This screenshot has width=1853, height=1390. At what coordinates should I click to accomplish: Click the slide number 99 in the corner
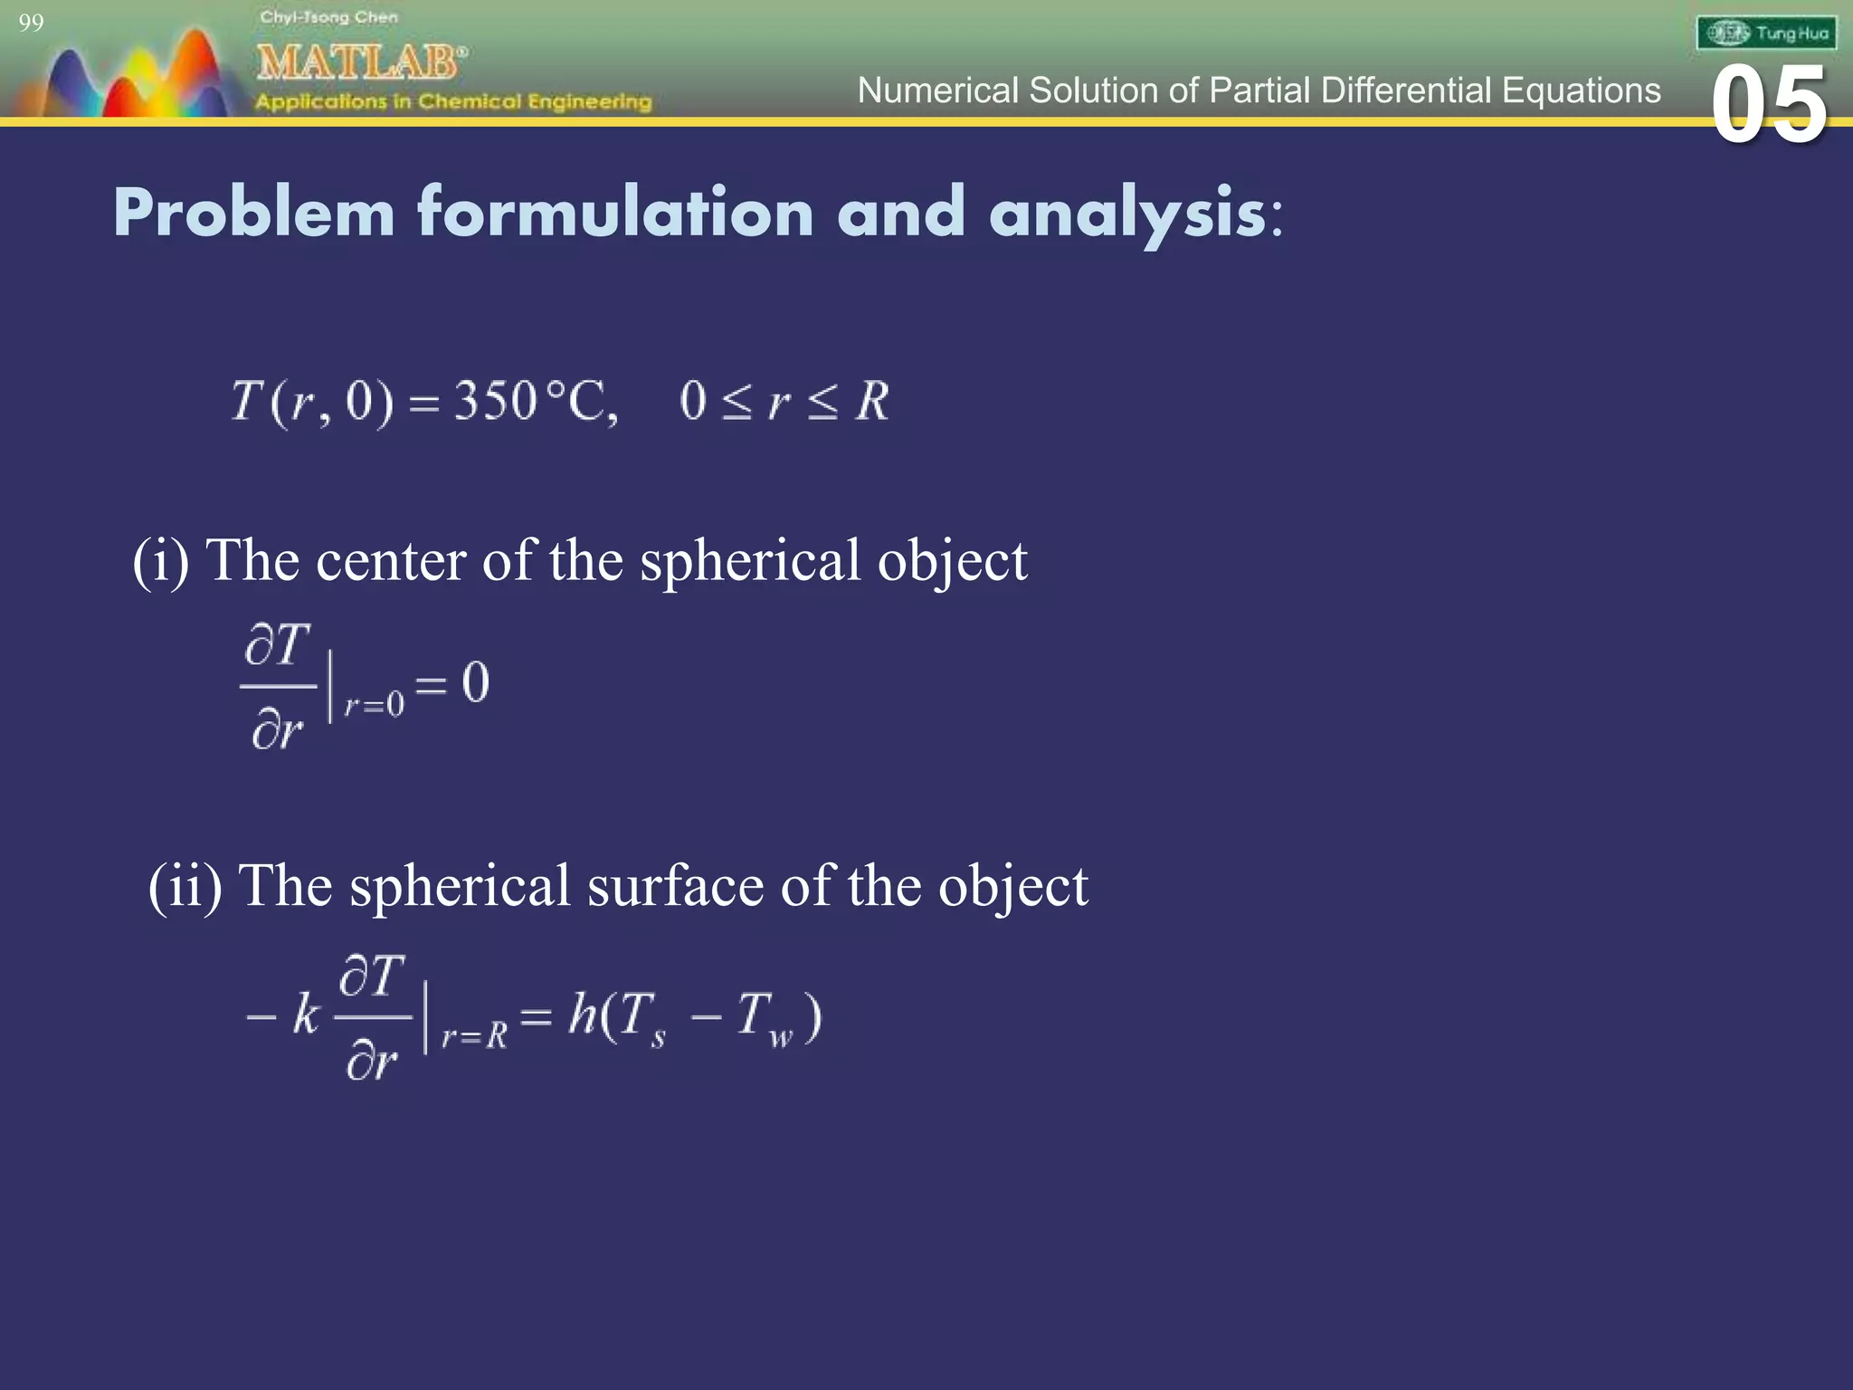pos(31,23)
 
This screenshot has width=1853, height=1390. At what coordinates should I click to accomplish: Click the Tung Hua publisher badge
pos(1766,33)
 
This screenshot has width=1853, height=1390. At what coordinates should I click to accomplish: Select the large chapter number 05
pos(1769,106)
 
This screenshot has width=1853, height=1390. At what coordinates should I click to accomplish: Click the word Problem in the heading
pos(254,214)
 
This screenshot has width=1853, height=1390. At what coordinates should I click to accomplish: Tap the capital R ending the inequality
pos(873,401)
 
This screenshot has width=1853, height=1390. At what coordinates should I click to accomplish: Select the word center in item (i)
pos(391,560)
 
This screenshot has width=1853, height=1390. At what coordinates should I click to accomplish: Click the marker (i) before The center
pos(161,560)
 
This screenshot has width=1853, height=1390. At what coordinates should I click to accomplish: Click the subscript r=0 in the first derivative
pos(374,704)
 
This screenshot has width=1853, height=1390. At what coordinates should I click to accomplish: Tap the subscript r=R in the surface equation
pos(474,1035)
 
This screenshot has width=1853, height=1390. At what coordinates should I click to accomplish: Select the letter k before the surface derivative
pos(306,1014)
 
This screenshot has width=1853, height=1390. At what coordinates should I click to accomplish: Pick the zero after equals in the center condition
pos(476,681)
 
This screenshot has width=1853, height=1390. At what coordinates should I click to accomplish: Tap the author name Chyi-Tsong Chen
pos(328,17)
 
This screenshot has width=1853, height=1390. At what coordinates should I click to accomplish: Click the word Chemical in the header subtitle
pos(469,101)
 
